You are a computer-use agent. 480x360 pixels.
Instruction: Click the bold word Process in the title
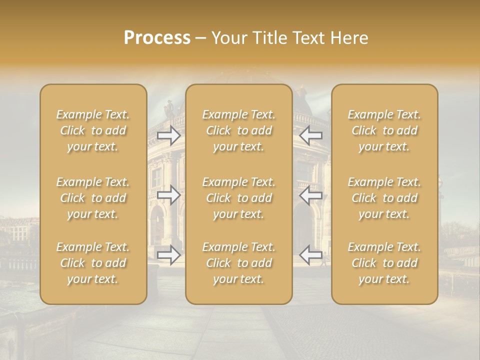point(157,38)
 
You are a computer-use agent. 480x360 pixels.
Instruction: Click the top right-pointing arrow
point(169,135)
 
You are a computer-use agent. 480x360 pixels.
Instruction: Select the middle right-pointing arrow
point(169,195)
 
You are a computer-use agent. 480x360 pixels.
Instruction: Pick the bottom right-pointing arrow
point(169,255)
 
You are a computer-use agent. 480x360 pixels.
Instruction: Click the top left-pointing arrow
point(310,135)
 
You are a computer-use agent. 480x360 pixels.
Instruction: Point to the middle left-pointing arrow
point(310,195)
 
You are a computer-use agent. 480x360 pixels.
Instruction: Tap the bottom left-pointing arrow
point(310,255)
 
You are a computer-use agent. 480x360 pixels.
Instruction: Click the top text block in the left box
point(93,130)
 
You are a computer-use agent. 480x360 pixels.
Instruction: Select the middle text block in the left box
point(93,198)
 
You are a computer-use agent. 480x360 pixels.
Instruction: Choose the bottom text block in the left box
point(93,263)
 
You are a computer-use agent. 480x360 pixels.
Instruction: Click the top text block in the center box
point(238,130)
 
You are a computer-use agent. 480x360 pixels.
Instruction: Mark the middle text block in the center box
point(238,198)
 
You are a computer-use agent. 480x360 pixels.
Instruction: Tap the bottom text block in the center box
point(238,263)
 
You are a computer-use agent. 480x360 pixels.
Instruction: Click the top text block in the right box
point(384,130)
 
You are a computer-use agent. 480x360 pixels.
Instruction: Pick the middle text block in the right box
point(384,198)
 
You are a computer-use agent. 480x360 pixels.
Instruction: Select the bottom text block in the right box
point(384,263)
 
